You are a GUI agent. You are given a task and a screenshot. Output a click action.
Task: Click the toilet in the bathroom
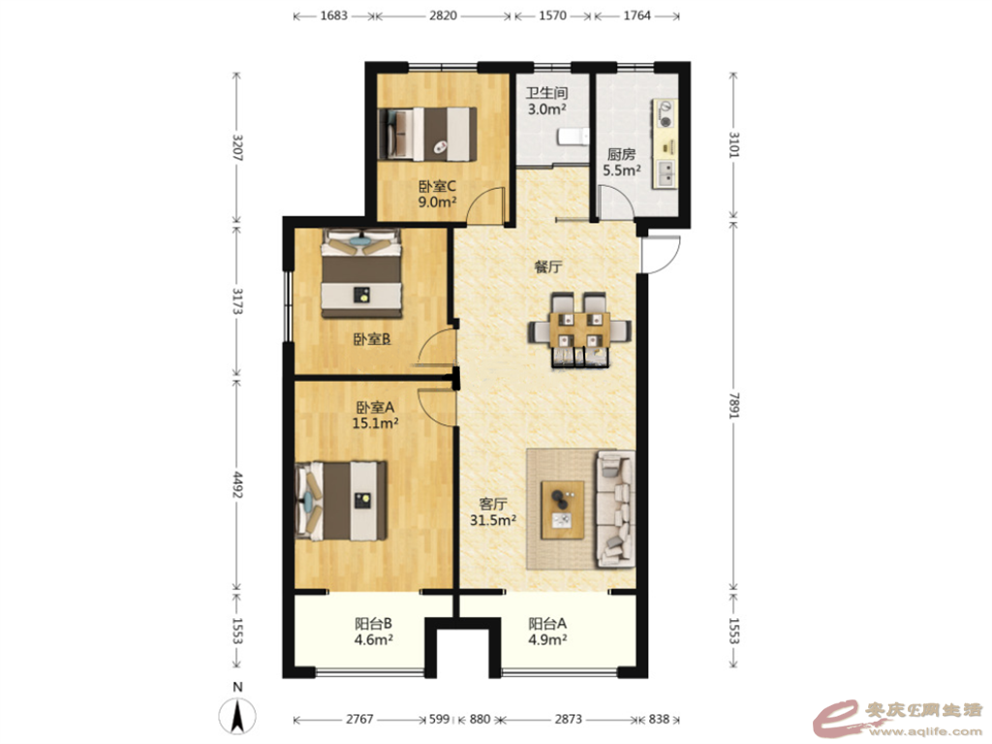[x=573, y=137]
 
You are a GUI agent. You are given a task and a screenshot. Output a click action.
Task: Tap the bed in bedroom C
[x=427, y=134]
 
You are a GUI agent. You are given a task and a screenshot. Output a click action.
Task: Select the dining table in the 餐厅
[x=579, y=328]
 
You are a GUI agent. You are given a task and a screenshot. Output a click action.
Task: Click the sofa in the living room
[x=614, y=508]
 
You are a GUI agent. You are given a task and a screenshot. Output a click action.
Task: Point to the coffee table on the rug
[x=563, y=510]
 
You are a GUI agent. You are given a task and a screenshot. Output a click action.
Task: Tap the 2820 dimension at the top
[x=443, y=15]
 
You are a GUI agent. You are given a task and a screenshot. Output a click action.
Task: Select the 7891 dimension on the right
[x=734, y=404]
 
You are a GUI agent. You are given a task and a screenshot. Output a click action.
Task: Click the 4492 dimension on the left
[x=236, y=484]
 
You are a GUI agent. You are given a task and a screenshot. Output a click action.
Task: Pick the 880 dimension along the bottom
[x=480, y=719]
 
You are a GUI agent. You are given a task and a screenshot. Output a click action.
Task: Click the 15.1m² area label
[x=375, y=422]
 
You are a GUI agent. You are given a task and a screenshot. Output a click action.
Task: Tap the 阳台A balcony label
[x=547, y=623]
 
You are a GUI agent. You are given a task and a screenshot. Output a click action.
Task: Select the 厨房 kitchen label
[x=621, y=154]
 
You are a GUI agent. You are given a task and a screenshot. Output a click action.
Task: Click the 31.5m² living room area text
[x=493, y=520]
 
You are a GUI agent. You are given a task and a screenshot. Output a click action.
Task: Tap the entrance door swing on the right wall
[x=660, y=255]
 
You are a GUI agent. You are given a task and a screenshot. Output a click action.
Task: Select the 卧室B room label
[x=371, y=340]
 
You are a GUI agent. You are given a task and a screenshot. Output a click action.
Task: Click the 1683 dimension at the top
[x=333, y=15]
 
